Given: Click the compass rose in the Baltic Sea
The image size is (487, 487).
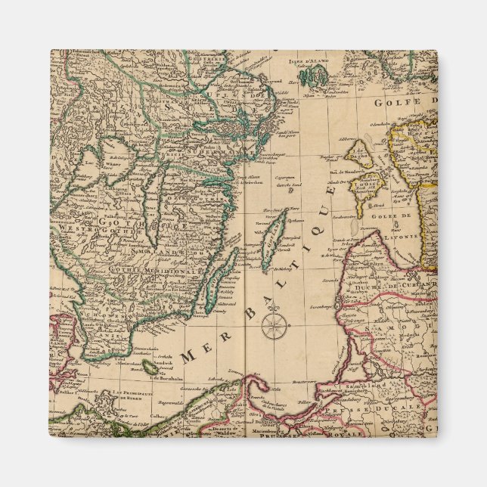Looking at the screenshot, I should click(x=274, y=326).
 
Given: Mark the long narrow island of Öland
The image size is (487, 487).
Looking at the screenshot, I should click(x=213, y=284).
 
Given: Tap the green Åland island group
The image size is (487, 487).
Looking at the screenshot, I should click(x=312, y=76).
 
